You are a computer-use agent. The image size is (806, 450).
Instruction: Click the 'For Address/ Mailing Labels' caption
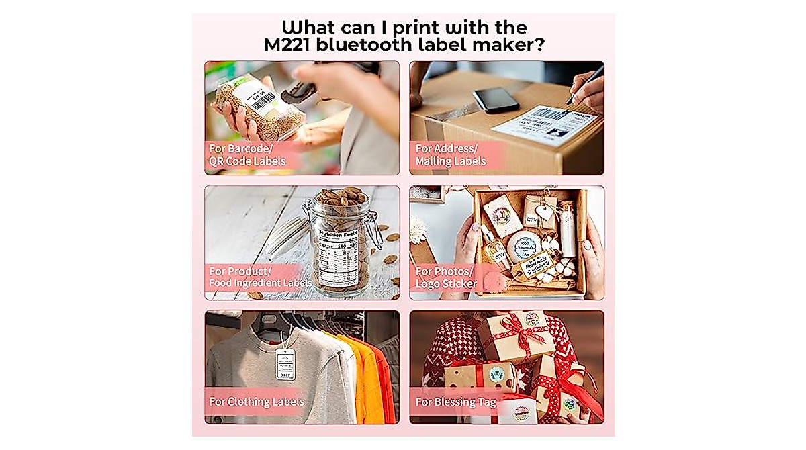tap(449, 154)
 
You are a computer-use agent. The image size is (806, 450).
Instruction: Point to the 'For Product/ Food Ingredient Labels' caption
tap(259, 277)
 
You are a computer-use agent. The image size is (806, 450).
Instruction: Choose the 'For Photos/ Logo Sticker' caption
tap(447, 277)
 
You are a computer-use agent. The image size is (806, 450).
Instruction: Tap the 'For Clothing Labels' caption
tap(257, 402)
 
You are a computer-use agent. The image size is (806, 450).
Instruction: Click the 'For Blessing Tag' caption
tap(456, 402)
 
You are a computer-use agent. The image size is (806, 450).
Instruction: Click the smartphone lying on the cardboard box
tap(496, 100)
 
